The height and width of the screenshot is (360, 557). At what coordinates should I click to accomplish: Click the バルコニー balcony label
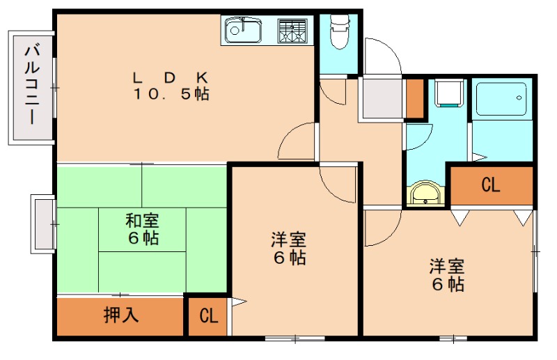coord(31,84)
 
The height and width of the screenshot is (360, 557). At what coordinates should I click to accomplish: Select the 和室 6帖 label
coord(142,229)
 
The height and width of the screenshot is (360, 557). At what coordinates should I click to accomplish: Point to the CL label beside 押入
coord(208,316)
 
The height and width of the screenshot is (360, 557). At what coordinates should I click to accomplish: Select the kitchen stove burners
coord(292,29)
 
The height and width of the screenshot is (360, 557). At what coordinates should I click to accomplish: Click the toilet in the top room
coord(338,33)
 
